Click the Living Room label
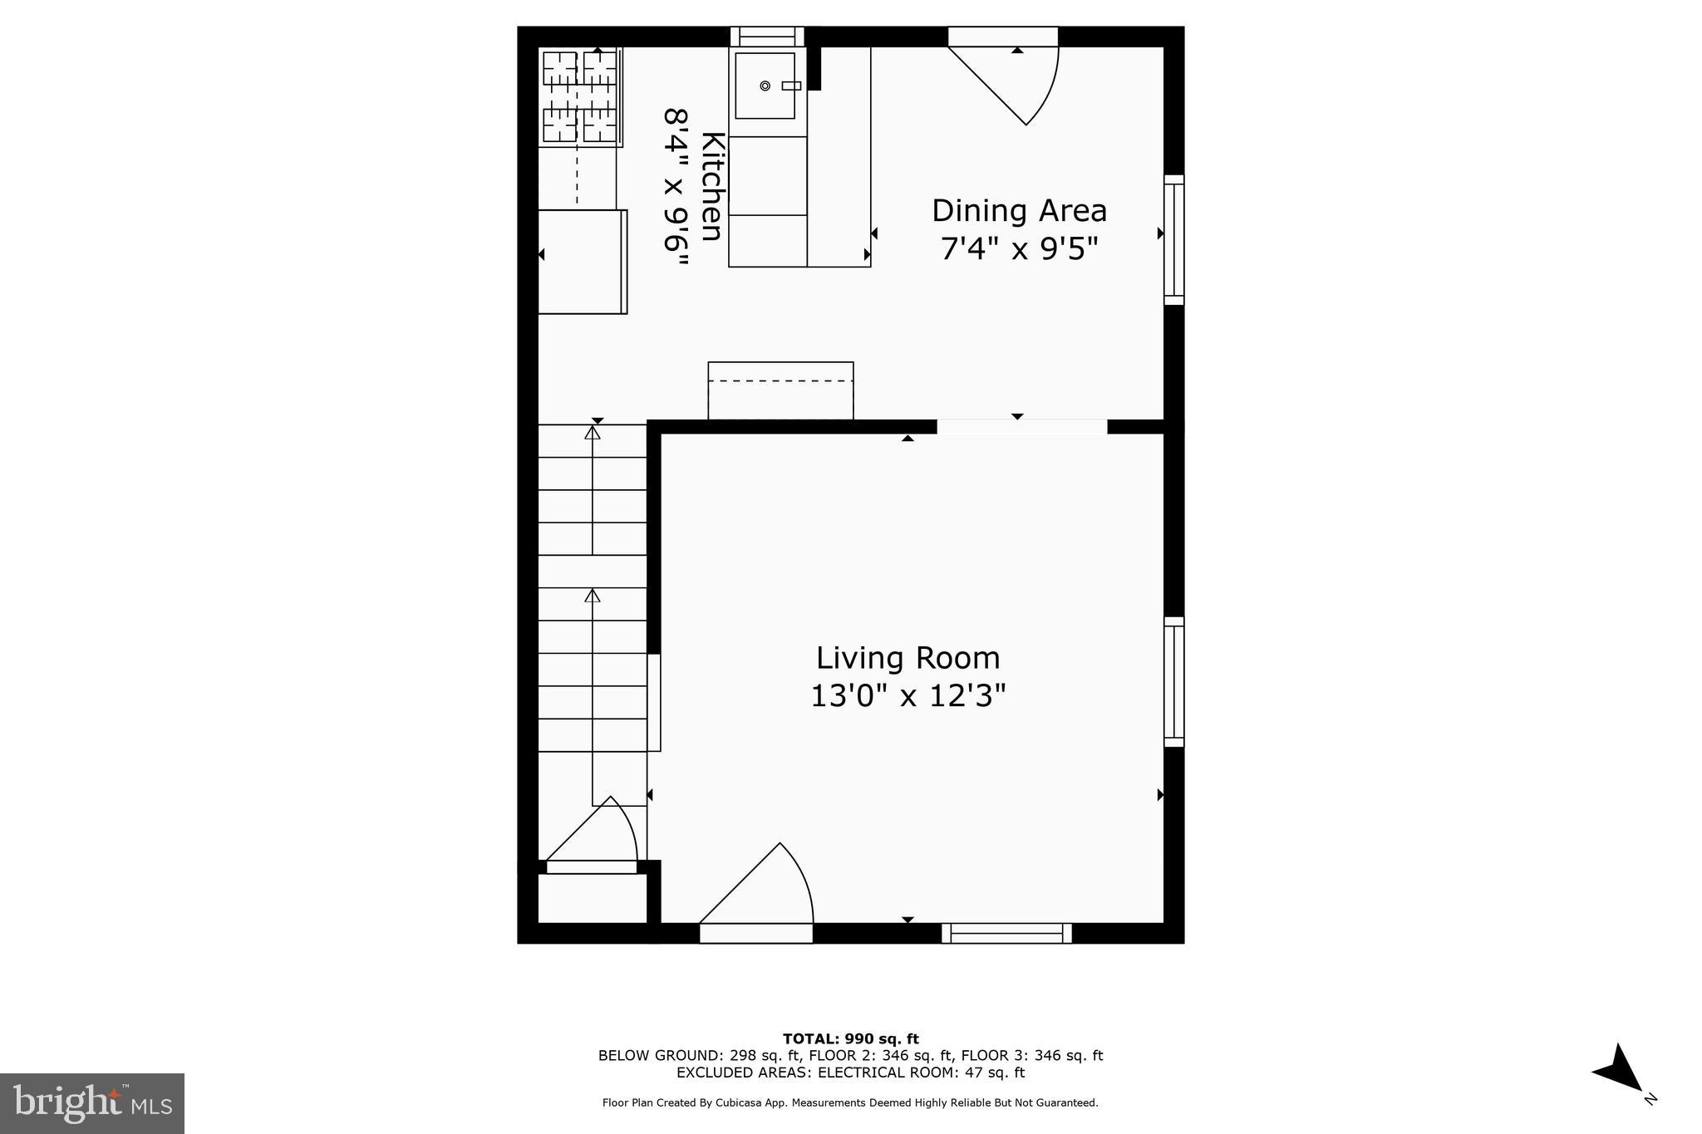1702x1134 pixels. (x=908, y=658)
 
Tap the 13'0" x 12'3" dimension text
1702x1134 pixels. (x=908, y=695)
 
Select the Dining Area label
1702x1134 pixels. (x=1019, y=211)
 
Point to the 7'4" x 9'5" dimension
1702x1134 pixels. (x=1019, y=248)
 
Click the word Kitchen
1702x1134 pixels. (x=711, y=186)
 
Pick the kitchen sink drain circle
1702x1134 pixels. (x=765, y=86)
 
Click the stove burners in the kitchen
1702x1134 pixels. (x=580, y=96)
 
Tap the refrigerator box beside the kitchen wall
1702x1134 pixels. (x=582, y=262)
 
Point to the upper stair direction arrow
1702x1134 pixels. (x=593, y=433)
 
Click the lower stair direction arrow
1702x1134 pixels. (x=593, y=596)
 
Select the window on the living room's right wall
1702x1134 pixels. (x=1173, y=682)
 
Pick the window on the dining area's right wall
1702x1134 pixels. (x=1173, y=240)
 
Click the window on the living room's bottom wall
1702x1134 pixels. (x=1006, y=934)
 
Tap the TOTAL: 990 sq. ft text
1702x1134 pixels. (x=850, y=1038)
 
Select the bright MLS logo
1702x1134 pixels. (x=92, y=1103)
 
